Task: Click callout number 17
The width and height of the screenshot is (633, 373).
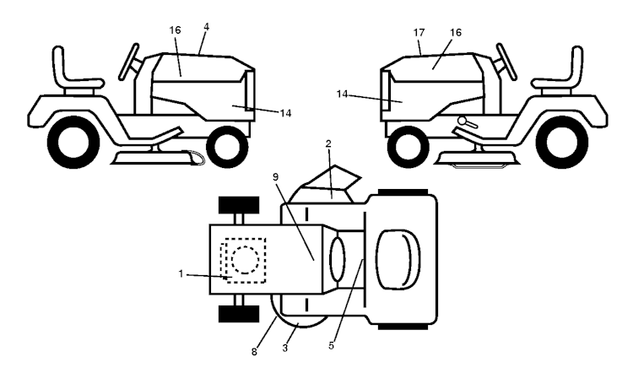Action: pos(419,32)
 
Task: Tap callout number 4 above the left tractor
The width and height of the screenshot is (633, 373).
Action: pos(206,27)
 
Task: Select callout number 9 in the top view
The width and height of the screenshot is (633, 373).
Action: pos(276,177)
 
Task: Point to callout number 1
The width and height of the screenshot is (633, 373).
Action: pos(181,273)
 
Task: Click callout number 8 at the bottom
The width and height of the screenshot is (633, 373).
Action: pos(254,352)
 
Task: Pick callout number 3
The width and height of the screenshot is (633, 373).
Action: pos(285,349)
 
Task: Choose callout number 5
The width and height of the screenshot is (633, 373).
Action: pos(331,345)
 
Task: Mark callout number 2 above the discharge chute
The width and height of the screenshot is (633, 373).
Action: pos(328,143)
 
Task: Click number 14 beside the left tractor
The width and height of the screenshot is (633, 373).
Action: pos(285,113)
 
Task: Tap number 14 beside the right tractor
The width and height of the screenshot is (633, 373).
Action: pos(342,94)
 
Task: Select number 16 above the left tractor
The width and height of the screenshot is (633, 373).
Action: pos(176,30)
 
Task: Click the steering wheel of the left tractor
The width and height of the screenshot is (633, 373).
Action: pos(129,62)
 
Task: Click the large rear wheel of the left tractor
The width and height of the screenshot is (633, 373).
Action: pos(73,142)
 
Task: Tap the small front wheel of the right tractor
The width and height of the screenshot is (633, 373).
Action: pos(408,147)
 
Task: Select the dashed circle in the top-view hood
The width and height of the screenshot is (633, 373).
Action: pos(245,261)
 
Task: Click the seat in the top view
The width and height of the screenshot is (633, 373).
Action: pos(398,260)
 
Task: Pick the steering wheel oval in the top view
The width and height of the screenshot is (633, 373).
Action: pos(338,259)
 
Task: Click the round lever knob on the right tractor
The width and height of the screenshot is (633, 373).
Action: pos(463,120)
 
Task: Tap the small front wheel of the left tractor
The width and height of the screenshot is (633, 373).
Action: pos(227,147)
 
